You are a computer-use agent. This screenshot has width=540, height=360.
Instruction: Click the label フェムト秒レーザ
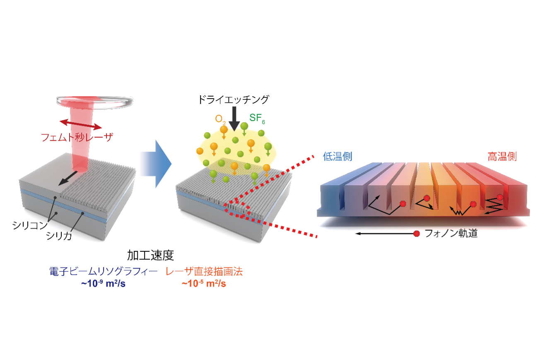pos(77,138)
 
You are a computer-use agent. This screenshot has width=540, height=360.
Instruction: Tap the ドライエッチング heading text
pos(233,99)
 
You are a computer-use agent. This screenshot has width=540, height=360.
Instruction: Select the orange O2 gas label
pos(220,119)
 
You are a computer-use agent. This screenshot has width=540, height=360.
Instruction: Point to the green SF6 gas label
pos(257,118)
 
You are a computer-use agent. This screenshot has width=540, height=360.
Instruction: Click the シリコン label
pos(30,225)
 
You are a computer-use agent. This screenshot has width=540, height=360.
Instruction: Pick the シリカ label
pos(59,236)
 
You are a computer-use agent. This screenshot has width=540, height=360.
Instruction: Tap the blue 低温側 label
pos(337,157)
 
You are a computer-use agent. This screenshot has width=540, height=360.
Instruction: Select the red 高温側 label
pos(502,157)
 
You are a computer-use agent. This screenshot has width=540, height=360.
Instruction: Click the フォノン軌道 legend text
pos(451,233)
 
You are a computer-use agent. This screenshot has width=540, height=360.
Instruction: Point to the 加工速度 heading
pos(150,256)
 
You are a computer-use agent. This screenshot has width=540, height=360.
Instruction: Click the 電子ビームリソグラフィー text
pos(104,272)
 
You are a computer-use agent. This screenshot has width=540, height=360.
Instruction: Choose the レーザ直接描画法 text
pos(204,272)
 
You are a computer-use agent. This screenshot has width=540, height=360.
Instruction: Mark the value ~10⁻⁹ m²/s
pos(104,283)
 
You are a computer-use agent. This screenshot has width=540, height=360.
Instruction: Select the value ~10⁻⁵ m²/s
pos(204,283)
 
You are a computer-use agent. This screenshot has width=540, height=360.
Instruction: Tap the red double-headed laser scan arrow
pos(81,124)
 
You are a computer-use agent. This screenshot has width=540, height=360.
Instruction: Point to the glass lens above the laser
pos(95,101)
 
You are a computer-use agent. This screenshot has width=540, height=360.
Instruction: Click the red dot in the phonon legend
pos(417,234)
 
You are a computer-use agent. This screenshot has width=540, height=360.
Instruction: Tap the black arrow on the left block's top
pos(68,179)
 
